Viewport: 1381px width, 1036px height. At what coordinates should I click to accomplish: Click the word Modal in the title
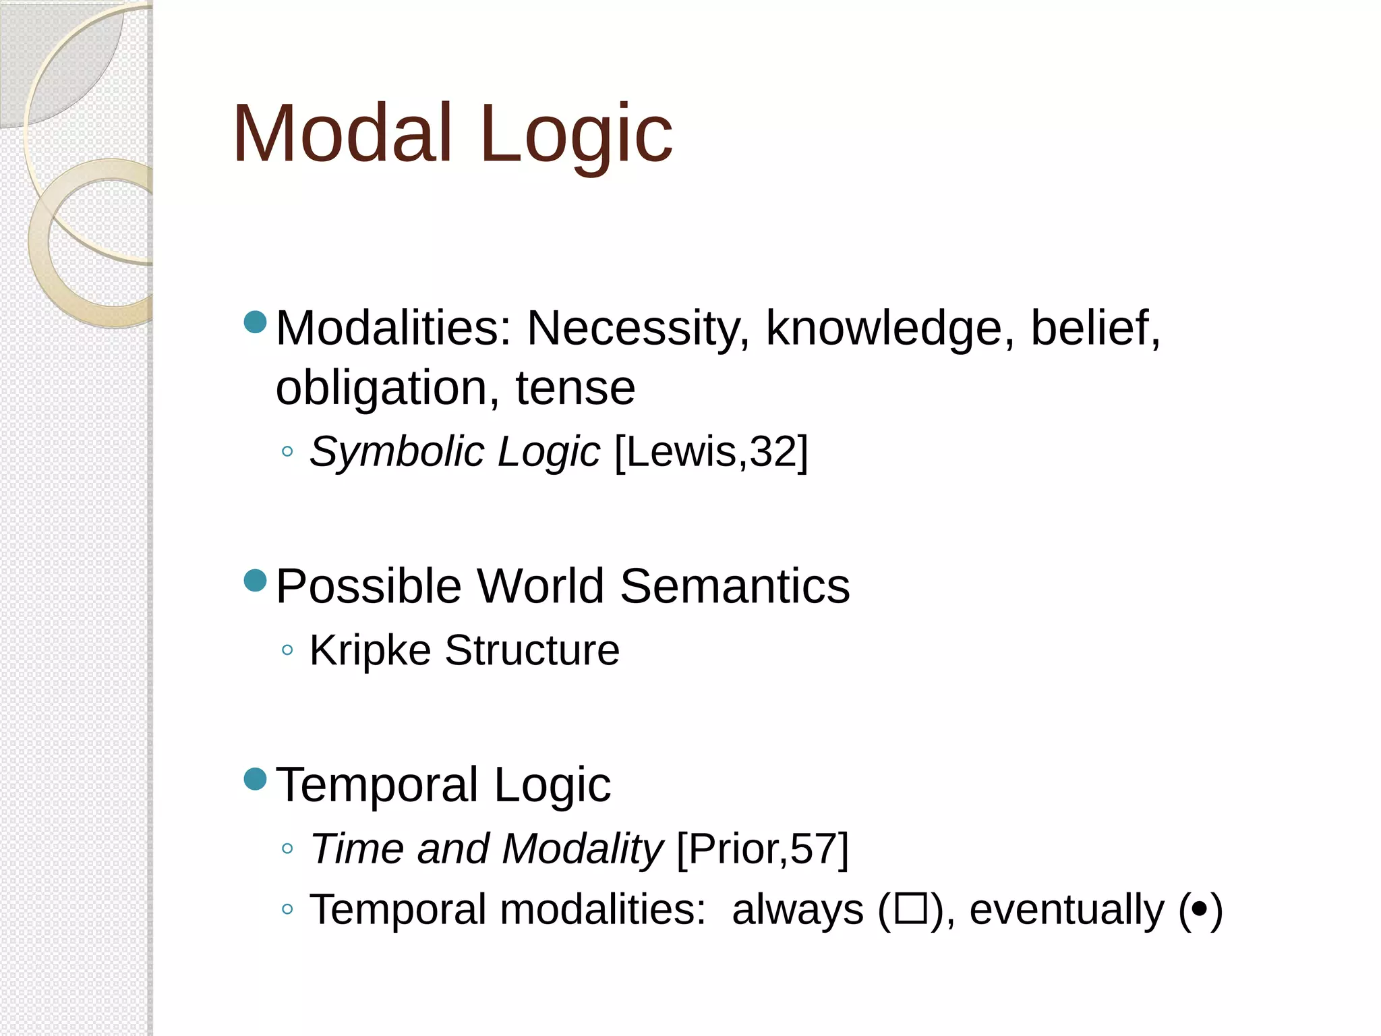[x=342, y=134]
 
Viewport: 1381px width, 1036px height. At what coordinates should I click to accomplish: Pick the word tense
[x=575, y=388]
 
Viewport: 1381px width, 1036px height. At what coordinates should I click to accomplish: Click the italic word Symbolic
[x=396, y=451]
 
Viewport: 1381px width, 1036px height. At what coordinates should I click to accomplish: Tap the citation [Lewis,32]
[x=711, y=451]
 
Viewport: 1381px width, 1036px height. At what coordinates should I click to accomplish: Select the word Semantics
[x=734, y=586]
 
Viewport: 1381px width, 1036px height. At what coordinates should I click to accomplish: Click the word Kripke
[x=370, y=651]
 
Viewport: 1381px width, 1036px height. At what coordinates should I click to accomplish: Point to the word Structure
[x=531, y=650]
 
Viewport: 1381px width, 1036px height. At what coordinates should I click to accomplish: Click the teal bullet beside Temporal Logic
[x=256, y=779]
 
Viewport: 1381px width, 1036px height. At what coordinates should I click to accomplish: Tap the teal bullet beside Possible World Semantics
[x=256, y=580]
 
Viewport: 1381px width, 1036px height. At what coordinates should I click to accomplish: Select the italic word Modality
[x=583, y=848]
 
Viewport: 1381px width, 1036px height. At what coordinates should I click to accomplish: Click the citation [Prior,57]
[x=762, y=848]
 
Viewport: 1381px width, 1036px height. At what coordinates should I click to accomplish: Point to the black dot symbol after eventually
[x=1200, y=910]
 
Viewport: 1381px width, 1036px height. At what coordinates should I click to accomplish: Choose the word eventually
[x=1067, y=910]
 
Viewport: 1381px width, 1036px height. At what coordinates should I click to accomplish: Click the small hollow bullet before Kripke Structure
[x=287, y=651]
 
